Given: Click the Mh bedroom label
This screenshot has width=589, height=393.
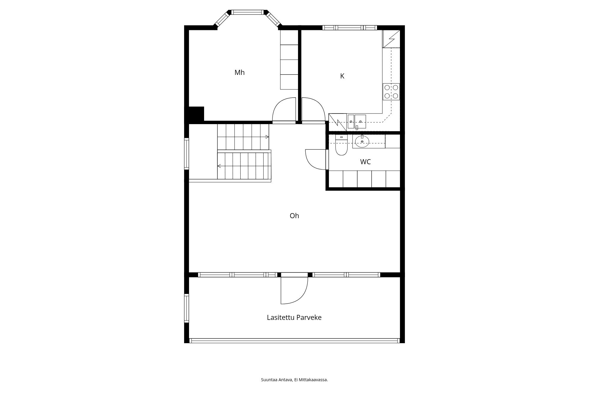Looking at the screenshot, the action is (x=239, y=73).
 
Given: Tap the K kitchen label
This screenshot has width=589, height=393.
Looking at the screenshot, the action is (x=342, y=76).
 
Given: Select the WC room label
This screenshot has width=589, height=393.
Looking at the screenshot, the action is (x=365, y=162).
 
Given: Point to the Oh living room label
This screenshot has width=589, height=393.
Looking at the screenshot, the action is (x=294, y=216).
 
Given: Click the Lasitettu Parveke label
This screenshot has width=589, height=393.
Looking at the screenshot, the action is (x=294, y=318).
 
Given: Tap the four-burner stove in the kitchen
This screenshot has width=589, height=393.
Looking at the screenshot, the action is (x=391, y=92).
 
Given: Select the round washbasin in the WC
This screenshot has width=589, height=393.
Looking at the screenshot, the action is (x=362, y=142).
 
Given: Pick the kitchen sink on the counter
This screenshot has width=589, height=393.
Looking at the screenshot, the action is (x=357, y=122).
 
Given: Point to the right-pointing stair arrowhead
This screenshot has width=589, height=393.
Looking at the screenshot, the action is (x=267, y=137).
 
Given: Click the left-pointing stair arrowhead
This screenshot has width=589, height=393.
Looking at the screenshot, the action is (x=219, y=166).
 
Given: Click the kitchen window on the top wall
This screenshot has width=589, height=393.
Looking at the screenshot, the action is (x=350, y=28).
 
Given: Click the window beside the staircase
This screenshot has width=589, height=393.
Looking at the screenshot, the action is (x=186, y=154).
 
